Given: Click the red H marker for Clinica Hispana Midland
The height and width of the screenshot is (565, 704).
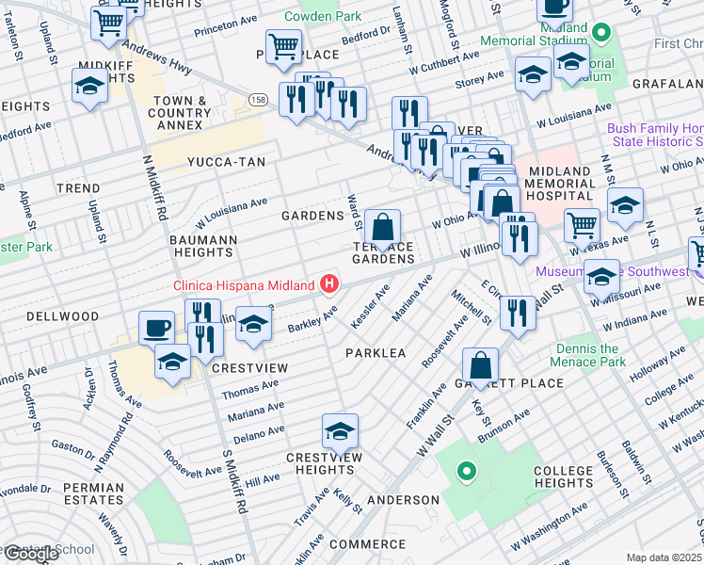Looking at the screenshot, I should click(329, 282).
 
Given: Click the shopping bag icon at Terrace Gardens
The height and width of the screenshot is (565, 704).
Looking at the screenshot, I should click(383, 228).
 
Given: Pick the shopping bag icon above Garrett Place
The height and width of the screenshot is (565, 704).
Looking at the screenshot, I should click(480, 365).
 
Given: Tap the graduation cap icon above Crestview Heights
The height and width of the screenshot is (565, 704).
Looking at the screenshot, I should click(340, 431).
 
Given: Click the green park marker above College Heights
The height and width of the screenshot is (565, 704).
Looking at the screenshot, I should click(464, 469).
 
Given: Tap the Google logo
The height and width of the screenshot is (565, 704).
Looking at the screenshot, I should click(30, 554).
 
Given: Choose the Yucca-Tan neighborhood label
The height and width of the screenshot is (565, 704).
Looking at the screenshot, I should click(226, 162).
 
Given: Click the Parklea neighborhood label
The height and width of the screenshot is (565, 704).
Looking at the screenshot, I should click(375, 352).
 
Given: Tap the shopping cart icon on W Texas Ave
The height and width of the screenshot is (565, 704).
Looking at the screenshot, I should click(583, 225).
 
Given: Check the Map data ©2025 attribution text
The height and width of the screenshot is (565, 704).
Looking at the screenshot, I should click(664, 557).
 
